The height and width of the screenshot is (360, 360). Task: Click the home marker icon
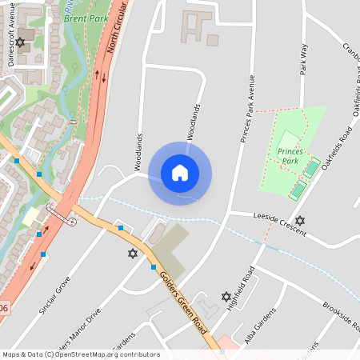[x=180, y=173]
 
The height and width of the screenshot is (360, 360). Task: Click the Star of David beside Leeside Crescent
[x=300, y=221]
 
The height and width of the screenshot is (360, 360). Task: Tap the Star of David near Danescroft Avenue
[x=20, y=42]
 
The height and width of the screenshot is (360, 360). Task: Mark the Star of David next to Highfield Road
[x=226, y=297]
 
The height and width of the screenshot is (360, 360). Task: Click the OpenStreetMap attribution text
[x=81, y=354]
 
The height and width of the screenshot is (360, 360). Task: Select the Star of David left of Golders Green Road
[x=133, y=254]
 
